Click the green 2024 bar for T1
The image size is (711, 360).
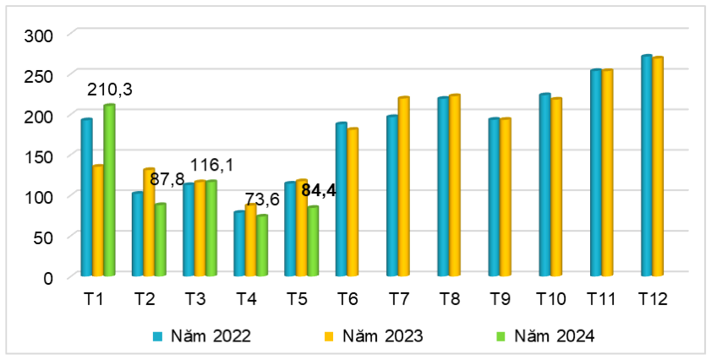(x=109, y=190)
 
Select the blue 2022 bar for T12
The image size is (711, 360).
(x=647, y=166)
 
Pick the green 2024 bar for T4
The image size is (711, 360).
(x=262, y=246)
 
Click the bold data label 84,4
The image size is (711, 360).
(x=319, y=190)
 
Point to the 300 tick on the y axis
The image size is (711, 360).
(x=38, y=35)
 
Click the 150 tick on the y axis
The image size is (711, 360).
(x=38, y=156)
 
